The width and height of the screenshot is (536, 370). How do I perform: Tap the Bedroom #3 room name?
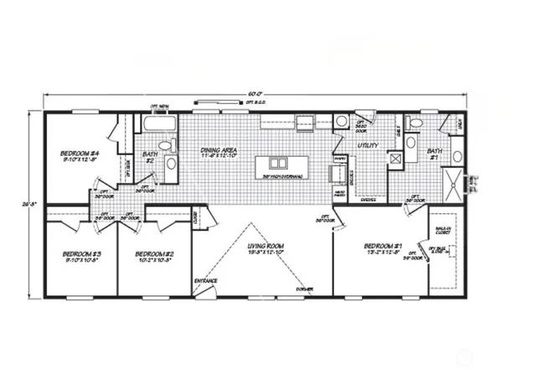(x=82, y=253)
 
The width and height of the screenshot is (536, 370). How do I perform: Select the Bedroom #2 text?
(x=154, y=253)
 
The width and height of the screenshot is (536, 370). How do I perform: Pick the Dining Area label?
(x=220, y=151)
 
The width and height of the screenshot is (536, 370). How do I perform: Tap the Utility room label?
(x=368, y=145)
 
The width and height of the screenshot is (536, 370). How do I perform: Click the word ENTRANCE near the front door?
(x=206, y=280)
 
